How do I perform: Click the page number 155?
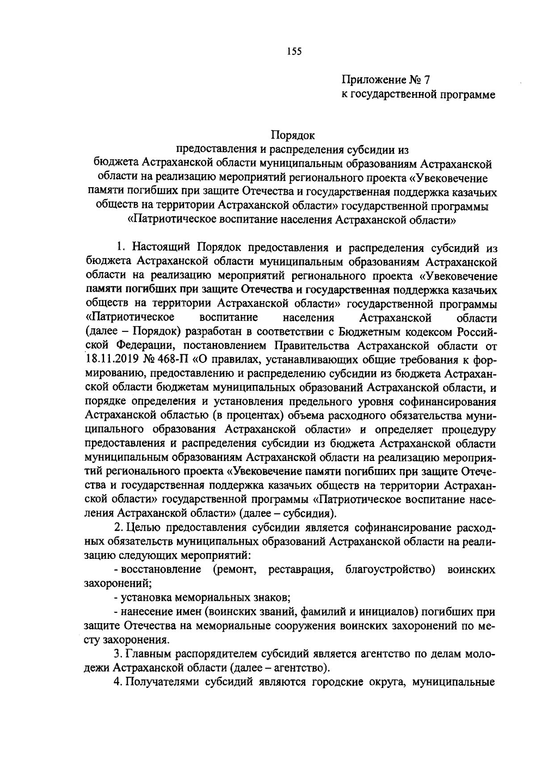click(x=294, y=52)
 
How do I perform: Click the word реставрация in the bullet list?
click(x=301, y=570)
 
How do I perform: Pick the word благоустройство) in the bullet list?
click(x=390, y=570)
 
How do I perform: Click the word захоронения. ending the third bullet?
click(x=136, y=639)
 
